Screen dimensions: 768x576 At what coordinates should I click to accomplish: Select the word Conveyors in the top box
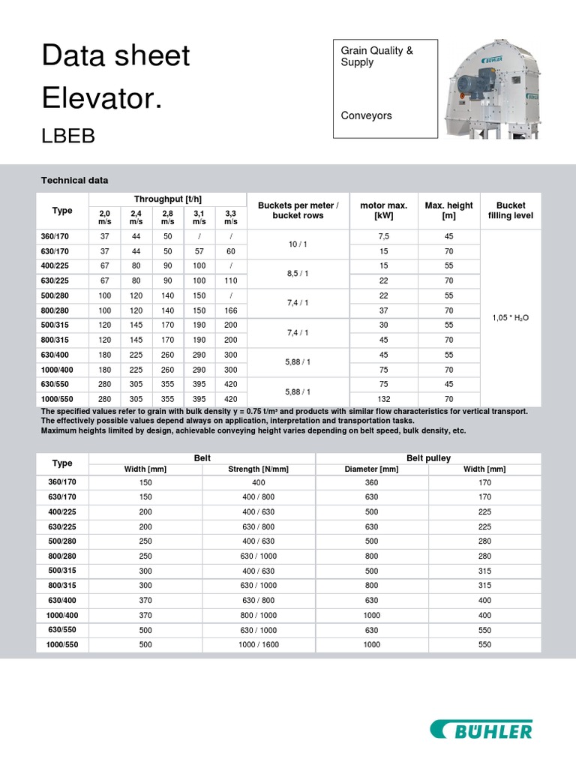[x=366, y=116]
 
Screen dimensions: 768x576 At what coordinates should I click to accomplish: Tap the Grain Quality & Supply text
[x=376, y=56]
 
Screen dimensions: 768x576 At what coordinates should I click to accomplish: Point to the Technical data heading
[x=74, y=181]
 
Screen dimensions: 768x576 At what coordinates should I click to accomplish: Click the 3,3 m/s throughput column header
[x=230, y=217]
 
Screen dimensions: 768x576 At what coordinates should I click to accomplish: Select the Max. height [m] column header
[x=448, y=211]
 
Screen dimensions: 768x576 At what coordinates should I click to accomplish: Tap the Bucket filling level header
[x=510, y=211]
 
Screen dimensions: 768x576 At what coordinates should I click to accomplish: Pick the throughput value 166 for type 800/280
[x=230, y=310]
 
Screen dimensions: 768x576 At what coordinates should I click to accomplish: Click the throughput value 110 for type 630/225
[x=230, y=280]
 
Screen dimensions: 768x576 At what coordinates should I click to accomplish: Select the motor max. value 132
[x=384, y=398]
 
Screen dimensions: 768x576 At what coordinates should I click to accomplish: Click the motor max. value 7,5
[x=384, y=236]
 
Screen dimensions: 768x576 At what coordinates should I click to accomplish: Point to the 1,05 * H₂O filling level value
[x=510, y=317]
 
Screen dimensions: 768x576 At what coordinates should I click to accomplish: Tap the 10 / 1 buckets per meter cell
[x=298, y=244]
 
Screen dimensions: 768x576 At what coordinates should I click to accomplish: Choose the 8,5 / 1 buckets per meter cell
[x=298, y=274]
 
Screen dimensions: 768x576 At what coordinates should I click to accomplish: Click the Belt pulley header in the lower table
[x=428, y=458]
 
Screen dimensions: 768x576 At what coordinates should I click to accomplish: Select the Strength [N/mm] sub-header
[x=259, y=469]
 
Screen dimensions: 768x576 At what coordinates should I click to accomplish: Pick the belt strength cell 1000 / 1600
[x=259, y=645]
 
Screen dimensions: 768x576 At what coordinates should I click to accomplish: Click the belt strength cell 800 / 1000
[x=259, y=615]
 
